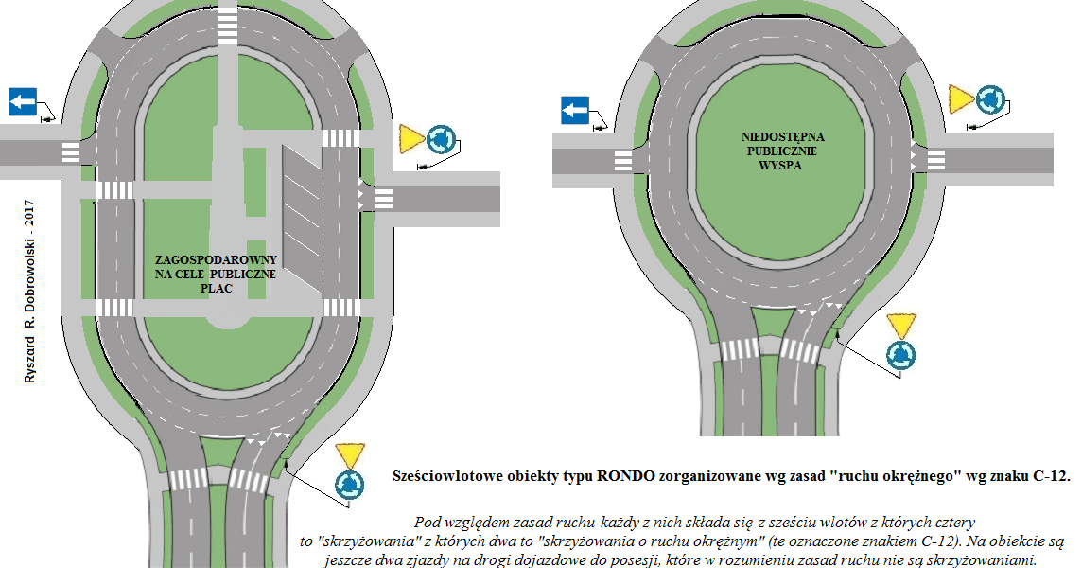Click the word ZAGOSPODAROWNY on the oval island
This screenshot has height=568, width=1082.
[x=217, y=259]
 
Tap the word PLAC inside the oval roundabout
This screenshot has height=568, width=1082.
[x=216, y=289]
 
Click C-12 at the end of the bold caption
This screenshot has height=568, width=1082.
[x=1046, y=476]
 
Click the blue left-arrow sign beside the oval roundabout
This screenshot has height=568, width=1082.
[x=23, y=101]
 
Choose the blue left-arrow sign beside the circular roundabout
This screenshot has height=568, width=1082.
[x=574, y=110]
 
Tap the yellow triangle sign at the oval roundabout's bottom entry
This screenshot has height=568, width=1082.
[x=349, y=453]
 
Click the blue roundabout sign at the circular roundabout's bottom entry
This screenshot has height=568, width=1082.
[x=900, y=355]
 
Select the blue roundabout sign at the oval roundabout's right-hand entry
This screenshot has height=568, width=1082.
[x=441, y=139]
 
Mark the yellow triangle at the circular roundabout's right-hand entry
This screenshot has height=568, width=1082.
[x=961, y=97]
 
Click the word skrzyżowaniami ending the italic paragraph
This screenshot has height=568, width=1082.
[x=994, y=560]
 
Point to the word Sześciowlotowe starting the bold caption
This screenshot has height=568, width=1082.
[x=444, y=476]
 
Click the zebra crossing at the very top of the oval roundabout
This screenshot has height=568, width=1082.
[x=227, y=24]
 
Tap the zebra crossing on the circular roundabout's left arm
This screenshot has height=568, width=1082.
[x=622, y=162]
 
